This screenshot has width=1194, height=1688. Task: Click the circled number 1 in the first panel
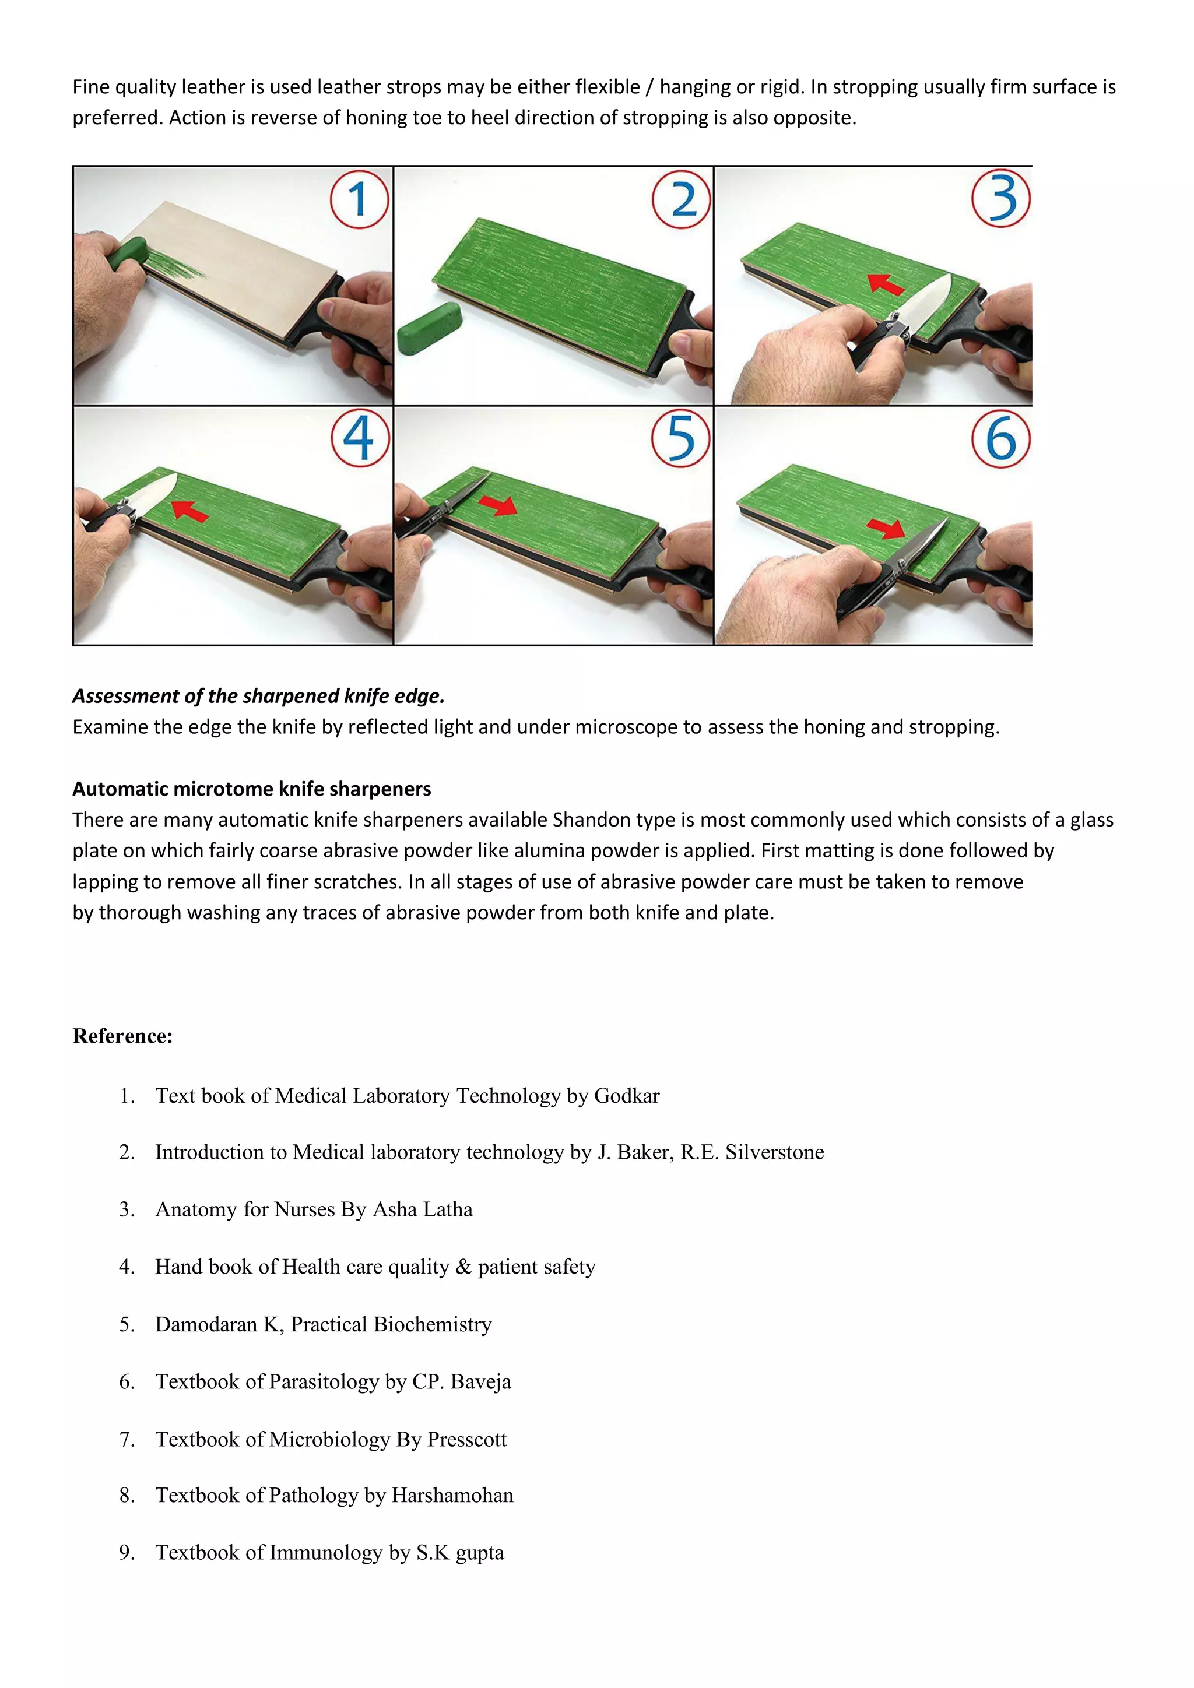(359, 199)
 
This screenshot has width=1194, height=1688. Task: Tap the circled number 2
(682, 199)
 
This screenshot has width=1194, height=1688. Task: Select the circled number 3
(1000, 199)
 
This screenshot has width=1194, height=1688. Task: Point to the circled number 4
(360, 438)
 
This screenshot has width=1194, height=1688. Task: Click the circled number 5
(681, 438)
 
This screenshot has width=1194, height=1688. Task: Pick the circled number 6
(1000, 439)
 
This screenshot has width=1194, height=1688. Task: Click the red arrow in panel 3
(886, 284)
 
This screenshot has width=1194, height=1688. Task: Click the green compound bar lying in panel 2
(429, 328)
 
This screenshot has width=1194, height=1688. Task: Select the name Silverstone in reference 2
(774, 1152)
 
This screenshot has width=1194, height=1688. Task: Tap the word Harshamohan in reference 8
(452, 1496)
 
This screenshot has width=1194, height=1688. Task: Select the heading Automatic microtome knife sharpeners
(251, 789)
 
